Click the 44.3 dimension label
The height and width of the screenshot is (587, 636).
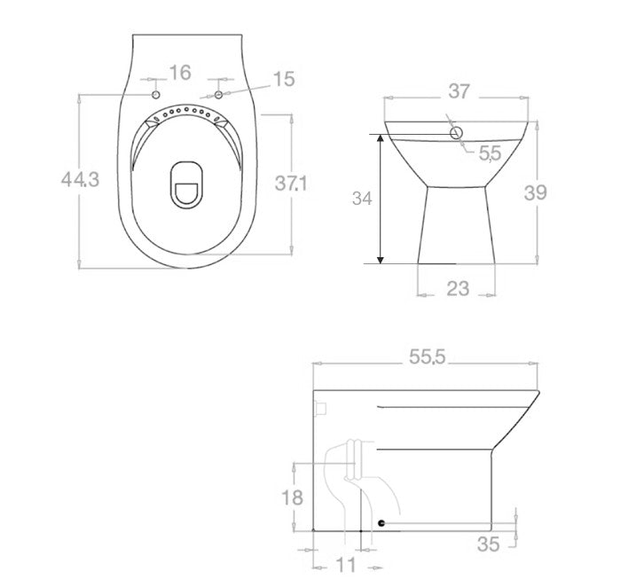pos(80,179)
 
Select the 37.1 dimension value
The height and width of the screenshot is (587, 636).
pos(291,183)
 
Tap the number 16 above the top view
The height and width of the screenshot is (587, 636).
pos(180,73)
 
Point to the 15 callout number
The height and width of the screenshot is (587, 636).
pos(284,79)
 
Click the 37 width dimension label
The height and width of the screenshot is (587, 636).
pos(459,91)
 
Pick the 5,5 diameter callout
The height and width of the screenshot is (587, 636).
pos(490,153)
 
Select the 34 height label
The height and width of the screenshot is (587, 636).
pos(362,199)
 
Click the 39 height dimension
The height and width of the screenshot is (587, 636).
pos(536,192)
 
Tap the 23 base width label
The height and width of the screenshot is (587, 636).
pos(458,289)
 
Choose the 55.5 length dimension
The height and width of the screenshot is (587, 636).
pos(428,356)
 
